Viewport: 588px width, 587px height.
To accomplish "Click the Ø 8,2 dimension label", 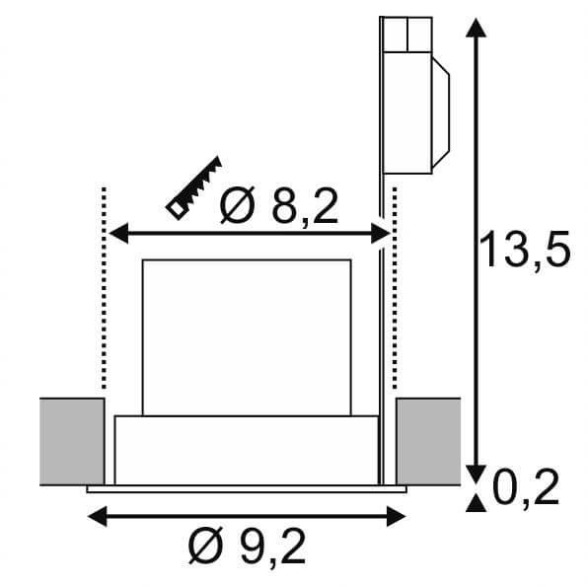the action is pyautogui.click(x=279, y=205).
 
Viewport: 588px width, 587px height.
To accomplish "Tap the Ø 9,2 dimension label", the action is pyautogui.click(x=247, y=546).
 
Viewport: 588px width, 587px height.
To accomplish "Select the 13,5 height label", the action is pyautogui.click(x=525, y=250).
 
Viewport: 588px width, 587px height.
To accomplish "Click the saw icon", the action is pyautogui.click(x=194, y=187).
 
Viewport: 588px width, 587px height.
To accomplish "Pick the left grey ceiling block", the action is pyautogui.click(x=72, y=441).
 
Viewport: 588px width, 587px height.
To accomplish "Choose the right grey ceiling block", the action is pyautogui.click(x=428, y=441).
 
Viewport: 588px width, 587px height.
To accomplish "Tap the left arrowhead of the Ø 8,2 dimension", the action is pyautogui.click(x=118, y=233).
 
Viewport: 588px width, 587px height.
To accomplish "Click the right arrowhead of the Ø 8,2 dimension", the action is pyautogui.click(x=380, y=233).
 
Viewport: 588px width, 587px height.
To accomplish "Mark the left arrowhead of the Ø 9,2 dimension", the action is pyautogui.click(x=97, y=516).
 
